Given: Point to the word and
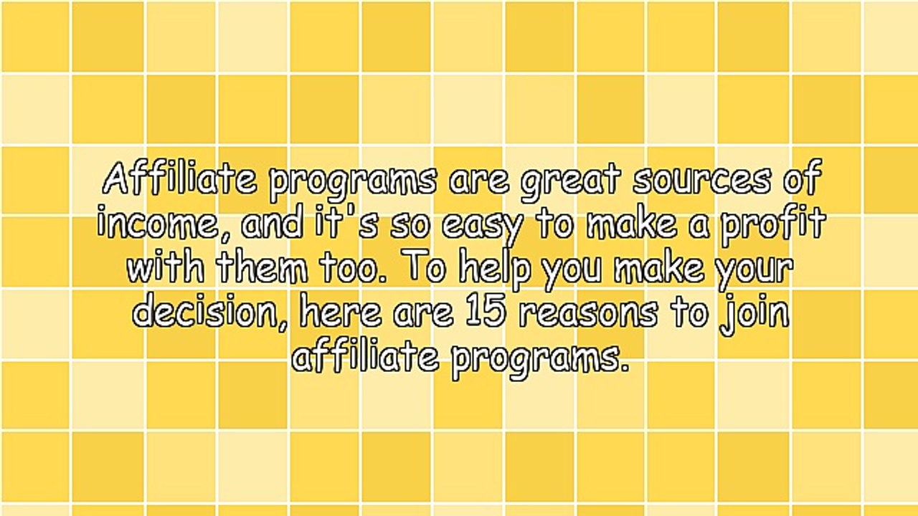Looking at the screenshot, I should (x=273, y=224).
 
